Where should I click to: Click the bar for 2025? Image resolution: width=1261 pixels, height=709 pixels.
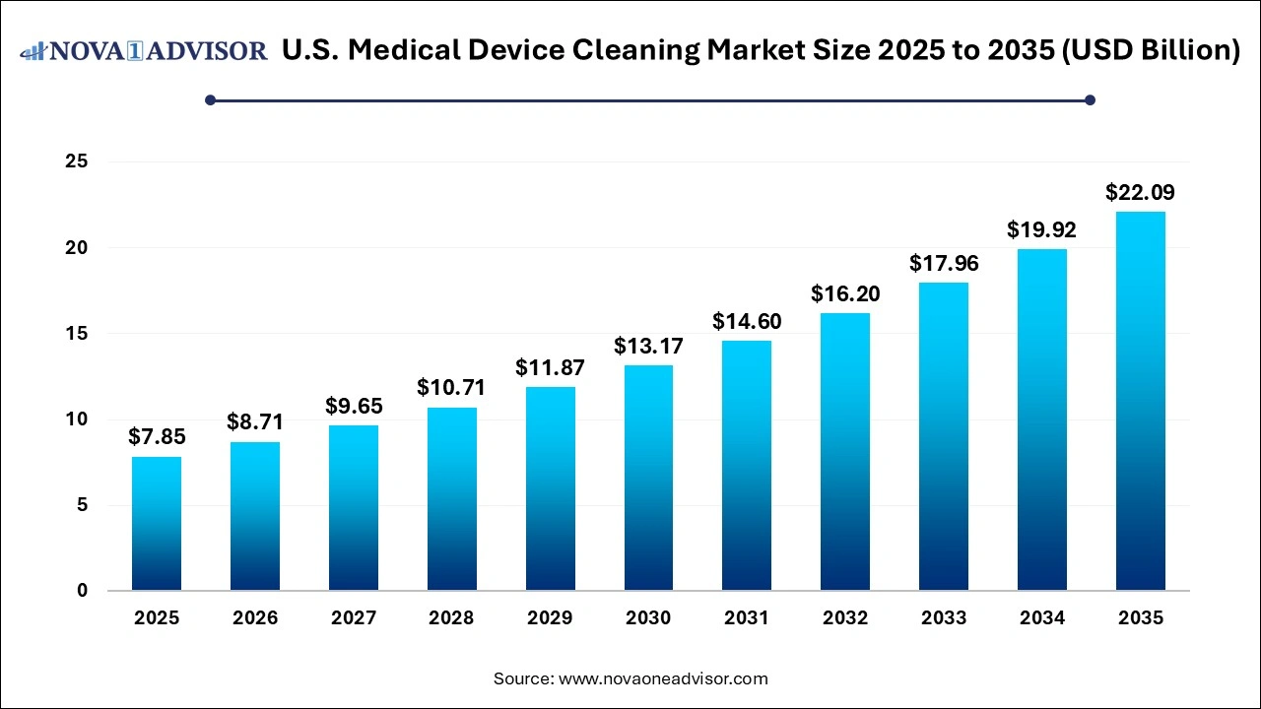pyautogui.click(x=157, y=524)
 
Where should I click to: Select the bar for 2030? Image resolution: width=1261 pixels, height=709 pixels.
pyautogui.click(x=648, y=479)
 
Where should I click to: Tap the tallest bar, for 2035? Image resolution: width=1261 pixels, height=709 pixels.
pyautogui.click(x=1141, y=402)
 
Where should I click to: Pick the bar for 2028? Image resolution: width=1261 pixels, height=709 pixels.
pyautogui.click(x=452, y=499)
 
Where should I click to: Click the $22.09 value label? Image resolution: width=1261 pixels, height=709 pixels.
pyautogui.click(x=1141, y=193)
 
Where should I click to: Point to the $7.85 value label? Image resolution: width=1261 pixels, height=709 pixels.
pyautogui.click(x=157, y=437)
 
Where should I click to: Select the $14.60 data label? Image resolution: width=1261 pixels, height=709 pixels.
pyautogui.click(x=747, y=322)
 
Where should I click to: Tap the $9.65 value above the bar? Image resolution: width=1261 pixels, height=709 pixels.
pyautogui.click(x=354, y=407)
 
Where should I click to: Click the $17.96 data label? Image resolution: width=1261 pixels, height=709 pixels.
pyautogui.click(x=944, y=264)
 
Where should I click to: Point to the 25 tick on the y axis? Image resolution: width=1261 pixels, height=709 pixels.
pyautogui.click(x=77, y=161)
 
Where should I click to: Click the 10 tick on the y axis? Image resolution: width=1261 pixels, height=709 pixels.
pyautogui.click(x=77, y=419)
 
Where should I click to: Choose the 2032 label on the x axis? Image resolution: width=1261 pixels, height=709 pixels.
pyautogui.click(x=845, y=618)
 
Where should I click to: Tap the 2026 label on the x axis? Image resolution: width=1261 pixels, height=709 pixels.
pyautogui.click(x=255, y=618)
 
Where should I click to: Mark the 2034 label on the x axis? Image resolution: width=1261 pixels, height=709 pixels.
pyautogui.click(x=1042, y=618)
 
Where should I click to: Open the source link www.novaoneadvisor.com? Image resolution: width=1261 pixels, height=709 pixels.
pyautogui.click(x=663, y=678)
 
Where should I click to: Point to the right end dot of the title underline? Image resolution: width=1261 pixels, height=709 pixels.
pyautogui.click(x=1090, y=99)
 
